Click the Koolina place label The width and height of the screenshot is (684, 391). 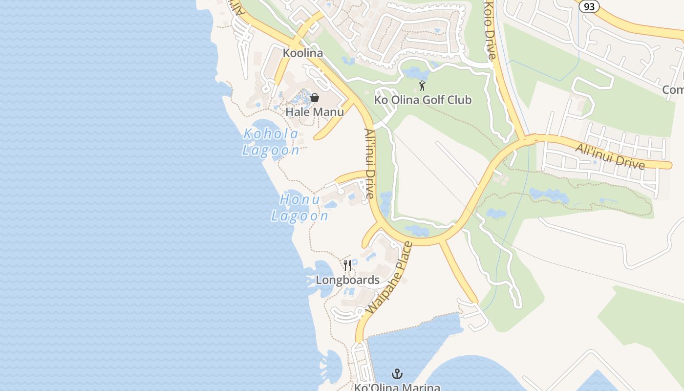pos(303,53)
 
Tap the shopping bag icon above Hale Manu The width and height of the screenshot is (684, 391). pos(315,98)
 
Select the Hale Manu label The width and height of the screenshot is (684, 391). pos(315,112)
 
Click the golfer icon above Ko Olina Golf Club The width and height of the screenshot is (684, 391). pos(422,86)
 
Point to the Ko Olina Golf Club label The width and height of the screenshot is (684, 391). pos(423,100)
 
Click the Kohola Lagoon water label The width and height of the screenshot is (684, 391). pos(271,142)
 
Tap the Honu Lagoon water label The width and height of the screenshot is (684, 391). pos(299,208)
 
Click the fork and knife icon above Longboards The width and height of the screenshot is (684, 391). pos(347,265)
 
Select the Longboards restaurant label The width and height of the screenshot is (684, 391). pos(347,280)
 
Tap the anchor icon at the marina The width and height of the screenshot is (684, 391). pos(397,374)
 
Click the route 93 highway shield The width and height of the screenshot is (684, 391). pos(589,6)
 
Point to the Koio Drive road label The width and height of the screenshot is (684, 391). pos(491,29)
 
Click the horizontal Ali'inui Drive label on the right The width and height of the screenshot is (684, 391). pos(610,156)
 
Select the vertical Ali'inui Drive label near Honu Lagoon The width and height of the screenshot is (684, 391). pos(369,163)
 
